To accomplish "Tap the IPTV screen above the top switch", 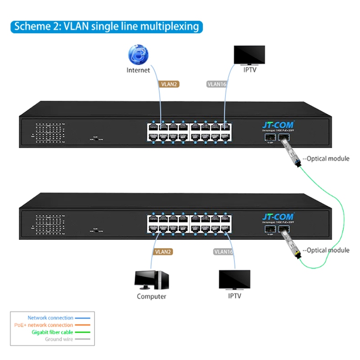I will click(249, 55).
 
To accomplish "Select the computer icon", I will click(152, 280).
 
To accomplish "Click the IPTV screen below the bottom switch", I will click(234, 280).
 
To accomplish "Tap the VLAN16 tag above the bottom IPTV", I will click(223, 252).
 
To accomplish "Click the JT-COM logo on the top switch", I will click(278, 126).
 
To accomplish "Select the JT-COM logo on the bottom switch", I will click(278, 217).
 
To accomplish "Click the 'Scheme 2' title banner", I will click(106, 26).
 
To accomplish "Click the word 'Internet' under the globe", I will click(138, 70).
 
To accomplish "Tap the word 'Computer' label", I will click(152, 297).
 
